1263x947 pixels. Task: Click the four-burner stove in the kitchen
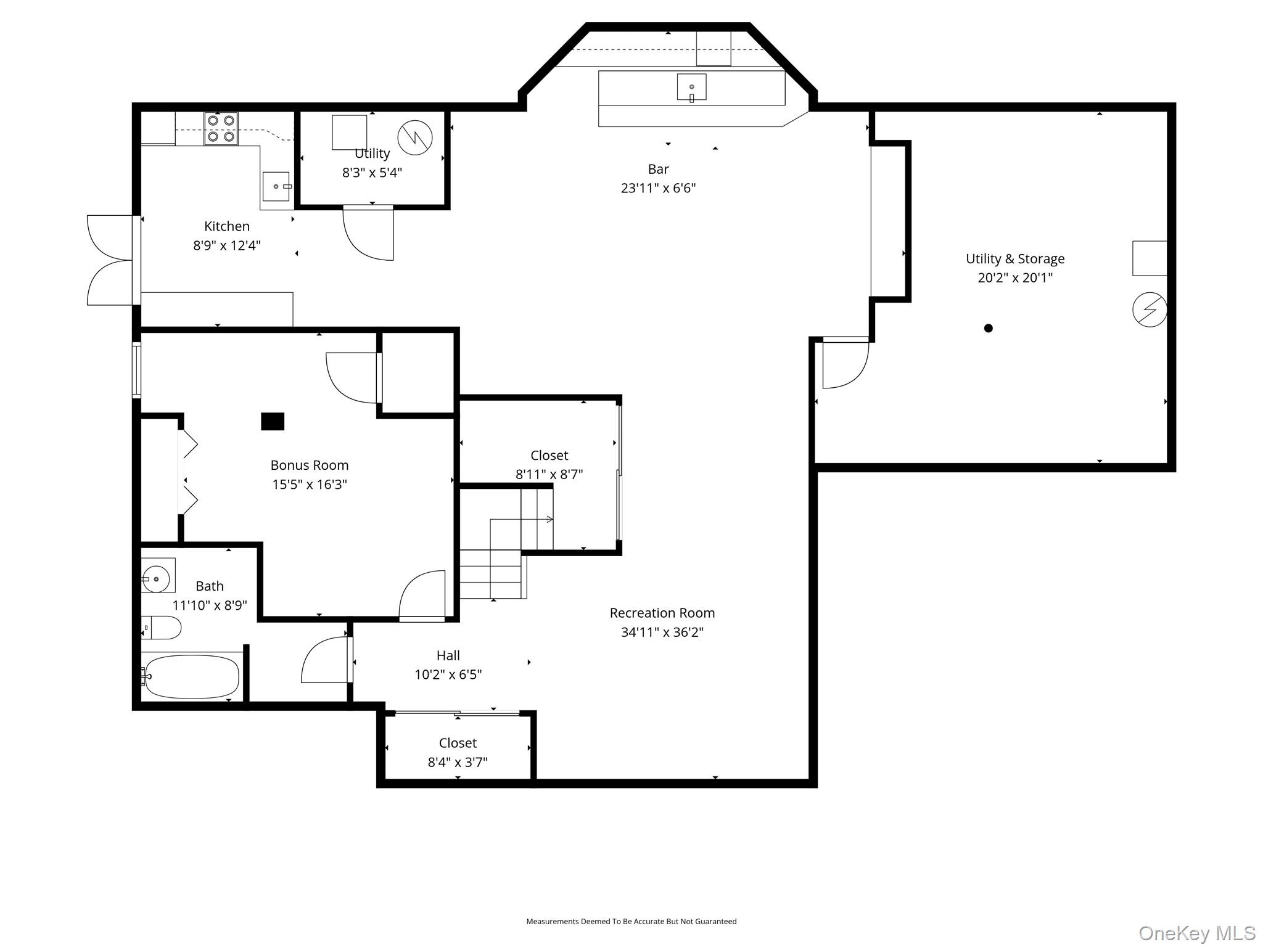(221, 129)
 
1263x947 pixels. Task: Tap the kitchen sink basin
(276, 186)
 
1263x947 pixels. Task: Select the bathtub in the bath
(191, 676)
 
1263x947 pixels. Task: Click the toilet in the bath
(162, 628)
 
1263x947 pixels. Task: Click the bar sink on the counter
(691, 87)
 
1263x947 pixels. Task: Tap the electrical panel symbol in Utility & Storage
(1150, 310)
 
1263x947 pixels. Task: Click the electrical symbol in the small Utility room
(415, 137)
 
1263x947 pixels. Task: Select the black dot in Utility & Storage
(988, 328)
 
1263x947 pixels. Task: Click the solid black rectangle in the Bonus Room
(273, 421)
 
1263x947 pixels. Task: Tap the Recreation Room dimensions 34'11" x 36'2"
(662, 632)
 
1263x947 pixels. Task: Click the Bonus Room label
(310, 465)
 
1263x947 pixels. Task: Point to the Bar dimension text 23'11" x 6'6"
(658, 188)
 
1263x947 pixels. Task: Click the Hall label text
(448, 655)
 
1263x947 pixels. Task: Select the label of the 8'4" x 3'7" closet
(458, 743)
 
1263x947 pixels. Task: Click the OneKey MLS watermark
(1197, 933)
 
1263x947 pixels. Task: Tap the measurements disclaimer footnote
(631, 921)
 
